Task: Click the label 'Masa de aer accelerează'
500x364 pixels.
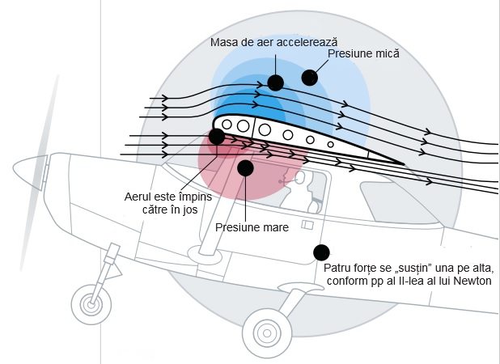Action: coord(273,41)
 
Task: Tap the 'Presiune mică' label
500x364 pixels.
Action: coord(363,54)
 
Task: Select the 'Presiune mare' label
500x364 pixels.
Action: coord(252,227)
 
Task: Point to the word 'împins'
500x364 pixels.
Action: coord(201,196)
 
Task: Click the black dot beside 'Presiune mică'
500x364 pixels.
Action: coord(309,78)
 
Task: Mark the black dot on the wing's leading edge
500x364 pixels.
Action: coord(217,136)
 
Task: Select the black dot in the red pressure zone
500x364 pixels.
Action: coord(245,167)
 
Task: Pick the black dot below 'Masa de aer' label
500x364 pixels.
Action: coord(276,83)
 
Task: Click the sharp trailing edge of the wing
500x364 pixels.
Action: coord(401,163)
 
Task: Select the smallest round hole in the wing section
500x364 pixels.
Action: coord(330,144)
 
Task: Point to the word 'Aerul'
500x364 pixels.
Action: coord(140,196)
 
